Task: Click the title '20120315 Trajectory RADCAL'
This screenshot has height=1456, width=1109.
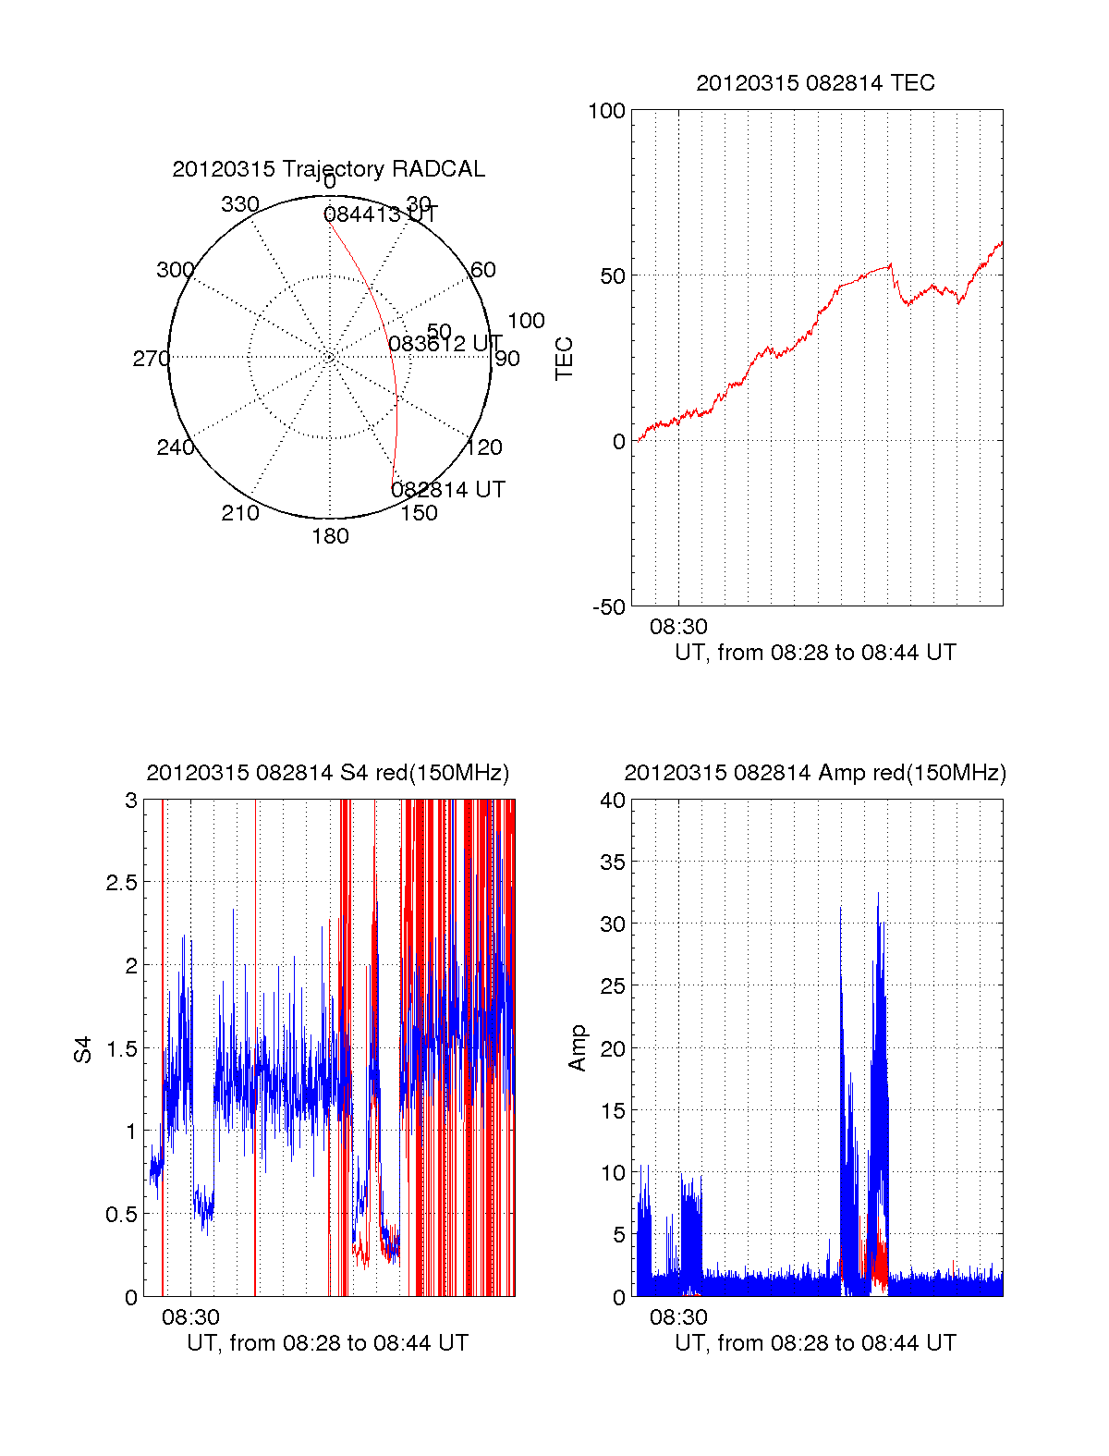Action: (328, 169)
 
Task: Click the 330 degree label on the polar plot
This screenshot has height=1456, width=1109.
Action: (240, 204)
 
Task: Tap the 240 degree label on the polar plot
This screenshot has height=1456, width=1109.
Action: (175, 448)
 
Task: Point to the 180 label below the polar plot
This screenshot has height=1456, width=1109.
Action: (330, 536)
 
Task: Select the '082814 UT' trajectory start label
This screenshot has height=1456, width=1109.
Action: (448, 490)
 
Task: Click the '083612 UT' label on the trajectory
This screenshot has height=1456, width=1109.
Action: (445, 345)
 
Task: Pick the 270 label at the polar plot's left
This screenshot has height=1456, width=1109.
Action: (151, 359)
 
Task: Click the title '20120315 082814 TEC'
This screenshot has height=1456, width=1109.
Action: (815, 83)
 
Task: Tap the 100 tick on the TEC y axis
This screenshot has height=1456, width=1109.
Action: (607, 111)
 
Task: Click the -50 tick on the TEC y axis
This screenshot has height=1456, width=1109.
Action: (609, 607)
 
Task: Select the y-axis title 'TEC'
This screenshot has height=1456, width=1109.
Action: (564, 359)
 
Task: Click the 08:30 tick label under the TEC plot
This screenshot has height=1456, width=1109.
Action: (678, 627)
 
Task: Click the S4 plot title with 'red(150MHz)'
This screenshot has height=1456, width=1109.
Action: (328, 773)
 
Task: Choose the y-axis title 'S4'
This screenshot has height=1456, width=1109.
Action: (83, 1049)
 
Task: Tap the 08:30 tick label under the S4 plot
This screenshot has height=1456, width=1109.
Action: (190, 1317)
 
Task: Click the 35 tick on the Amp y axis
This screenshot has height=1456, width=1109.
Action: (613, 863)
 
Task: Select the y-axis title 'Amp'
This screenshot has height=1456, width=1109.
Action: (578, 1047)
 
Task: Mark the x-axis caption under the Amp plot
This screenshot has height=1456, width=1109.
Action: (815, 1343)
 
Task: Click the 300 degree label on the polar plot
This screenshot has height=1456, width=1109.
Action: (175, 270)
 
